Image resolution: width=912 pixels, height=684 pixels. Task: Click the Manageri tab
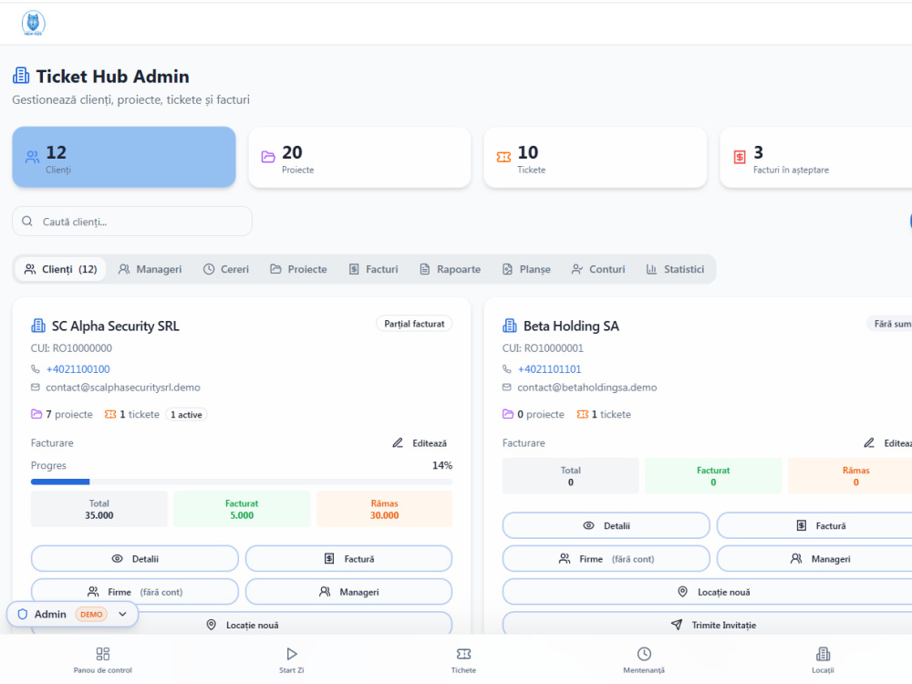[x=150, y=269]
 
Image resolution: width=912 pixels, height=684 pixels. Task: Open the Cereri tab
[x=225, y=269]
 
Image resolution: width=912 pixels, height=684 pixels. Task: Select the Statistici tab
[x=675, y=269]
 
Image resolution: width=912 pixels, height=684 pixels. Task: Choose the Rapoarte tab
[x=451, y=269]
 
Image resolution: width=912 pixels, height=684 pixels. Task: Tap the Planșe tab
[x=526, y=269]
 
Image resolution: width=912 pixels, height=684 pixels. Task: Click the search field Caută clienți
[x=132, y=222]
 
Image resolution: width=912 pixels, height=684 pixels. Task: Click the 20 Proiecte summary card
[x=359, y=158]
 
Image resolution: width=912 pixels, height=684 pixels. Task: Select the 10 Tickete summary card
[x=595, y=158]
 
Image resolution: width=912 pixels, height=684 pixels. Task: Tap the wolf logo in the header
[x=33, y=24]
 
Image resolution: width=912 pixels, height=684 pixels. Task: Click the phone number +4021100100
[x=78, y=369]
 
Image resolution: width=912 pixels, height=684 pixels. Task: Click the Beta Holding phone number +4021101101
[x=550, y=369]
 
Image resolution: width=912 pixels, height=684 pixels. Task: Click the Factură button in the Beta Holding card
[x=821, y=526]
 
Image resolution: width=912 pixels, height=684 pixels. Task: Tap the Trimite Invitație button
[x=713, y=626]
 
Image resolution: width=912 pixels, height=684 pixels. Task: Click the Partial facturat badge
[x=414, y=324]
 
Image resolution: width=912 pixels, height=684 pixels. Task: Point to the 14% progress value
[x=442, y=465]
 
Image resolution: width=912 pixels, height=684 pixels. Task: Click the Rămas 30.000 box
[x=385, y=509]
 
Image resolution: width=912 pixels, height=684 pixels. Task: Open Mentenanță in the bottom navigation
[x=644, y=660]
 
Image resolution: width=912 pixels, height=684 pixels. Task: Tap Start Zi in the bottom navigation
[x=292, y=660]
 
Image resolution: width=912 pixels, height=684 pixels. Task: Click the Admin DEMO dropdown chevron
[x=123, y=614]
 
